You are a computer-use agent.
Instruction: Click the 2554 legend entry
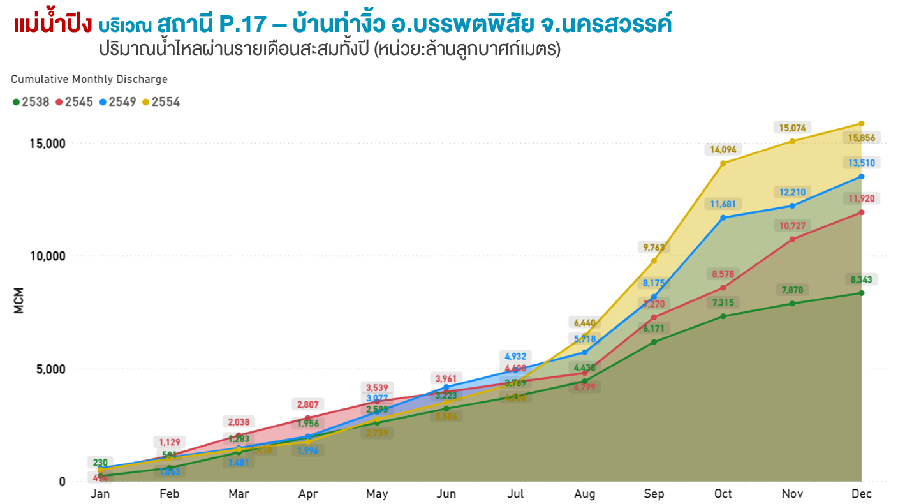[x=161, y=101]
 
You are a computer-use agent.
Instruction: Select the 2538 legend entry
[x=31, y=101]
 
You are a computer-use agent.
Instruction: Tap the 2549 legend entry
[x=118, y=101]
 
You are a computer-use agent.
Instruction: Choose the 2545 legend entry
[x=75, y=101]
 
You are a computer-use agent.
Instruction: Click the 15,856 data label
[x=862, y=138]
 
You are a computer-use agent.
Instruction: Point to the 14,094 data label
[x=723, y=150]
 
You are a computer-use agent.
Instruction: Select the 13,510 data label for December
[x=862, y=163]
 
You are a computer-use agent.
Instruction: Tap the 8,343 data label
[x=862, y=279]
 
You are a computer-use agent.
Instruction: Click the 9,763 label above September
[x=654, y=248]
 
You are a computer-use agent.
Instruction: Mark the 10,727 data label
[x=793, y=226]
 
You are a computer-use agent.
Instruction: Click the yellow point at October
[x=723, y=163]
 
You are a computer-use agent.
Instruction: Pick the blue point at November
[x=793, y=205]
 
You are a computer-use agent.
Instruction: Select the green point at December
[x=862, y=293]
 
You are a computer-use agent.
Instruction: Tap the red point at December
[x=862, y=212]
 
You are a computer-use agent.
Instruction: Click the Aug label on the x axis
[x=585, y=494]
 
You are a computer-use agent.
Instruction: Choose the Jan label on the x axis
[x=100, y=494]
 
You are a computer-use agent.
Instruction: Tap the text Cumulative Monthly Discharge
[x=89, y=79]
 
